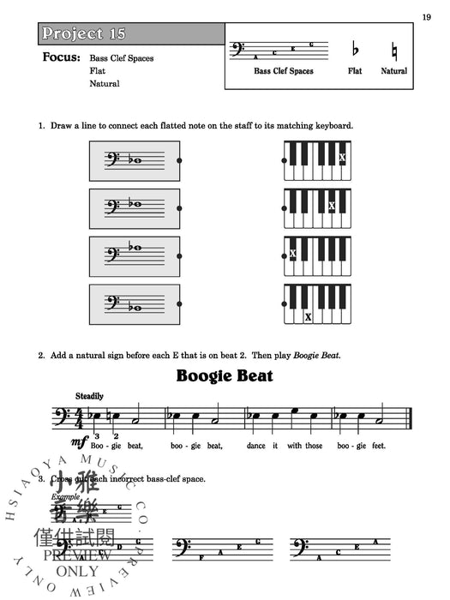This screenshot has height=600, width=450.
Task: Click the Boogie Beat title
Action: (x=225, y=375)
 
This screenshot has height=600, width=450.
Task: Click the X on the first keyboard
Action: (x=342, y=157)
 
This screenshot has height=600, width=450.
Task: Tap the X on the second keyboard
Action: (x=332, y=206)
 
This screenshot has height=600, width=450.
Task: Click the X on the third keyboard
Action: (x=293, y=254)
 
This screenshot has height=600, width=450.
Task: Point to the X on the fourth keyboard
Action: (x=308, y=316)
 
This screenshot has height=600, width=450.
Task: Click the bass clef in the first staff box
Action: (x=111, y=159)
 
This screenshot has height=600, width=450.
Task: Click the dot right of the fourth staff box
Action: (x=178, y=303)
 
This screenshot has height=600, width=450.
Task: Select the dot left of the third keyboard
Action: (x=284, y=255)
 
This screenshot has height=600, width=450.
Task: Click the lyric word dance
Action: (x=256, y=446)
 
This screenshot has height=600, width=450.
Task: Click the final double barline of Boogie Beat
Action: (x=411, y=420)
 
